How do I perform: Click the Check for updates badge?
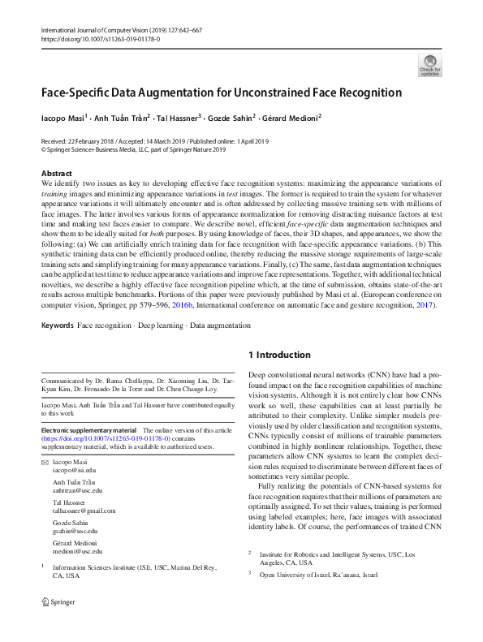[429, 66]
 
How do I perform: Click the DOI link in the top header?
[100, 38]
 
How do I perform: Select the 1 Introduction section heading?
[278, 355]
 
